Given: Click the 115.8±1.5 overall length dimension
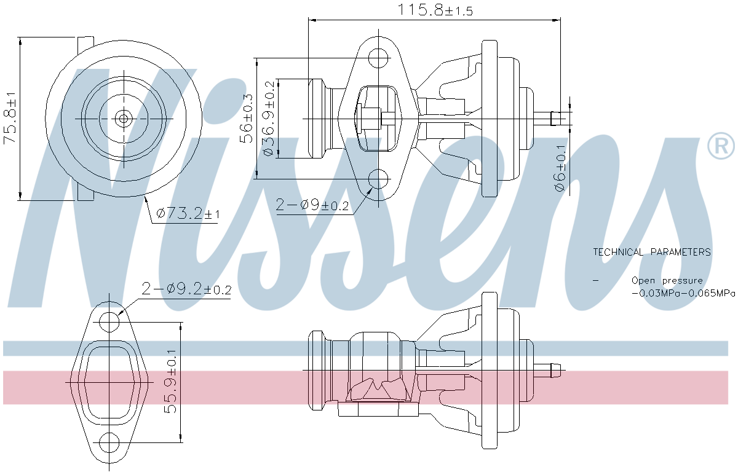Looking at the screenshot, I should click(x=435, y=10).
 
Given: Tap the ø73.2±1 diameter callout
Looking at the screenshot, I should click(x=188, y=214).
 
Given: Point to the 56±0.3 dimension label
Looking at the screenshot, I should click(x=247, y=118).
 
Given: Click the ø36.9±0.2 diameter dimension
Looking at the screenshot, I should click(x=269, y=118).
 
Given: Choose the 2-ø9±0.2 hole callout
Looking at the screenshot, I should click(x=312, y=205).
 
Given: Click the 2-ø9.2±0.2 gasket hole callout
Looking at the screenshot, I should click(x=186, y=288).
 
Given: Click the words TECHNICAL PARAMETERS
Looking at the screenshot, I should click(x=652, y=252).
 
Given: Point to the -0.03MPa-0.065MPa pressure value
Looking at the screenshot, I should click(x=683, y=293).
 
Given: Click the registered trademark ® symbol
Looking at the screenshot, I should click(x=721, y=146).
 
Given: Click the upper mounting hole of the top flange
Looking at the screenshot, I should click(x=379, y=58).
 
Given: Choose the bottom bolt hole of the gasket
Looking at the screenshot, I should click(x=109, y=442).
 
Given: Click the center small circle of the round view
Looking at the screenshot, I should click(x=124, y=118).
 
